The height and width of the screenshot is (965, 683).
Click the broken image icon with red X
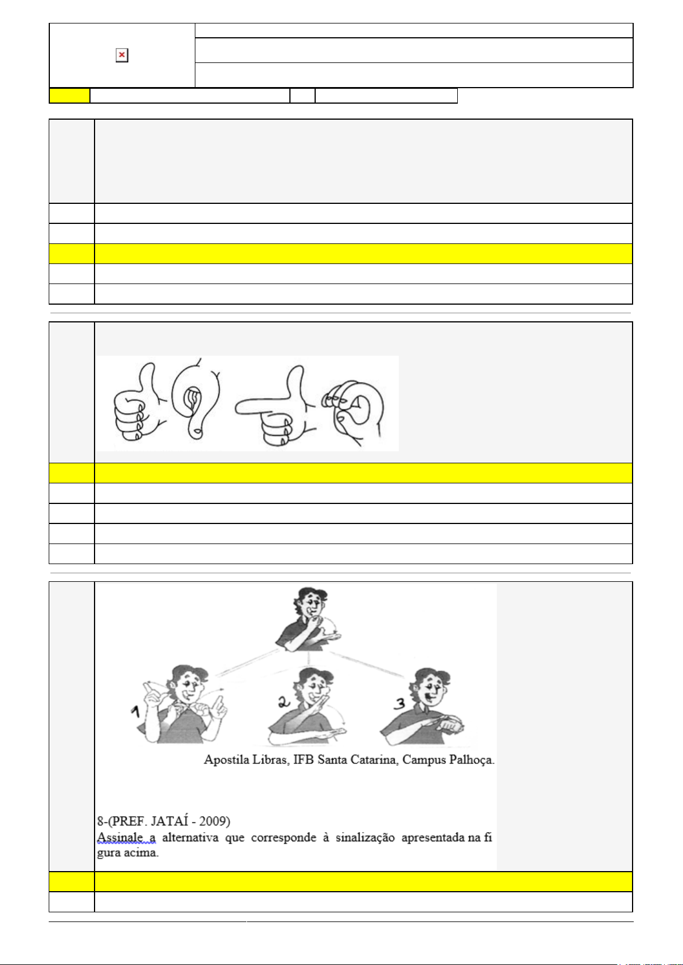point(122,55)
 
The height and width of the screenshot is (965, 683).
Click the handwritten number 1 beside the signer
point(136,712)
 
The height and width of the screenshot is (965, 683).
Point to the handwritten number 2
point(284,702)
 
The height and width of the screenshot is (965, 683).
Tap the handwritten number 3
point(400,703)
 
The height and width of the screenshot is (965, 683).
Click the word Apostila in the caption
point(226,759)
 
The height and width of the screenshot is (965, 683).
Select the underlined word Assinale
point(120,837)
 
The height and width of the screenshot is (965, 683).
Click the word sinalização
point(365,837)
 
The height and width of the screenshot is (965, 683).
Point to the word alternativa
point(190,837)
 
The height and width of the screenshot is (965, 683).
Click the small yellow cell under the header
point(69,96)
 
